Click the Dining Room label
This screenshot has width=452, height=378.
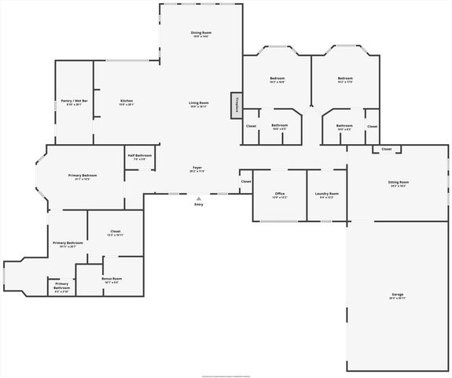pyautogui.click(x=202, y=32)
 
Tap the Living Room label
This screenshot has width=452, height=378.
pyautogui.click(x=198, y=103)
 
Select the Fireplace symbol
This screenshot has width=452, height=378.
pyautogui.click(x=235, y=106)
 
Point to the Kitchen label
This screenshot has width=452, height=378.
pyautogui.click(x=127, y=101)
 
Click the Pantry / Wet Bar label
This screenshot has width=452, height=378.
pyautogui.click(x=73, y=101)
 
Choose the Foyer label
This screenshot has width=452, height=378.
pyautogui.click(x=198, y=168)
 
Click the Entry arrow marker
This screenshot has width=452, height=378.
pyautogui.click(x=198, y=198)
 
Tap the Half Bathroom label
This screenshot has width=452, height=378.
pyautogui.click(x=139, y=156)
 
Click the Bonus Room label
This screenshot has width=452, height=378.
pyautogui.click(x=111, y=279)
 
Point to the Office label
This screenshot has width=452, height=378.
pyautogui.click(x=280, y=194)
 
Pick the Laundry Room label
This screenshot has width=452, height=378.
pyautogui.click(x=326, y=194)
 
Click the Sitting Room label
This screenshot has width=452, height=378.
pyautogui.click(x=399, y=182)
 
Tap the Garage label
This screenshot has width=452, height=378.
pyautogui.click(x=398, y=295)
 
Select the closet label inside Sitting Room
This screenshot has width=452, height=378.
pyautogui.click(x=387, y=149)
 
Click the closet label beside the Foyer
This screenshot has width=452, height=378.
pyautogui.click(x=246, y=181)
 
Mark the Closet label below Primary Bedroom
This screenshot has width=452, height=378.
pyautogui.click(x=115, y=232)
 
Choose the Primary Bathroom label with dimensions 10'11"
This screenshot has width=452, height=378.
pyautogui.click(x=68, y=243)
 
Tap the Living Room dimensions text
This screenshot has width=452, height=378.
pyautogui.click(x=198, y=107)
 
